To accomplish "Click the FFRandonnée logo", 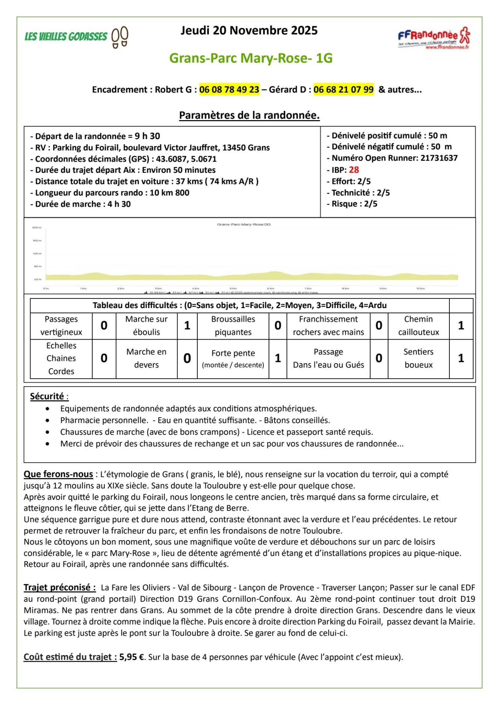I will (434, 38).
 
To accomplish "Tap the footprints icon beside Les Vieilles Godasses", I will (120, 37).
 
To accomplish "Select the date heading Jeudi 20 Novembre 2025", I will (249, 30).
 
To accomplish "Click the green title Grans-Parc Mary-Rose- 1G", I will (251, 58).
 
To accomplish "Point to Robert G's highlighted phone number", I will (229, 90).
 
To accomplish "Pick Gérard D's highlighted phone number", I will (343, 90).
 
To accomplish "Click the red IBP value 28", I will (354, 170).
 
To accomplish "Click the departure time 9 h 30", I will (147, 136).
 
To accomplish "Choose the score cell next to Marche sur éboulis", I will (187, 326).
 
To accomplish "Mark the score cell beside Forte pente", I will (278, 358).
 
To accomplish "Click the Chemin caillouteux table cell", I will (418, 326).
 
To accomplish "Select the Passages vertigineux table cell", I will (61, 326).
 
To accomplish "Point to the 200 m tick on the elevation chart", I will (37, 228).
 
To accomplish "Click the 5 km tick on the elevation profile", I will (233, 289).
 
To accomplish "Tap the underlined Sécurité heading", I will (47, 397).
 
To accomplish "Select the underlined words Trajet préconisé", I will (60, 587).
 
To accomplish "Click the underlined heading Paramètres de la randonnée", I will (249, 115).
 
